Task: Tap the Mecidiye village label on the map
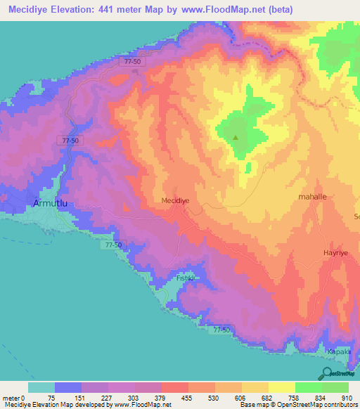[176, 200]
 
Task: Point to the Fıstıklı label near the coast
[185, 278]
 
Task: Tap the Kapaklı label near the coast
[338, 351]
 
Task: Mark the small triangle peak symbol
[236, 137]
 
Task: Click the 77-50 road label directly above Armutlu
[71, 141]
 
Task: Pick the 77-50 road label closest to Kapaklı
[221, 329]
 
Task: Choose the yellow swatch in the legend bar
[281, 387]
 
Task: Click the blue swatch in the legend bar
[68, 387]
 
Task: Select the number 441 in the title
[117, 10]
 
